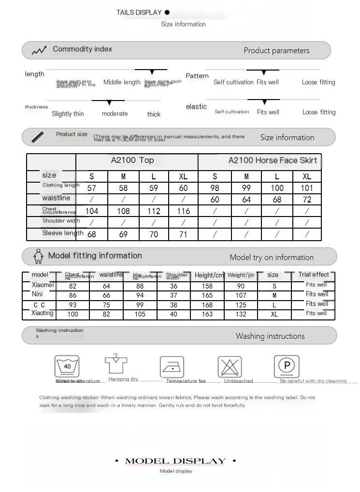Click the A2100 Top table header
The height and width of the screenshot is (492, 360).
tap(133, 160)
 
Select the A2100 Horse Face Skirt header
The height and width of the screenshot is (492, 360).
tap(273, 160)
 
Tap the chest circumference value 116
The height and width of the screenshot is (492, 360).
tap(184, 211)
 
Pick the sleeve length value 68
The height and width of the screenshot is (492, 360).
tap(91, 234)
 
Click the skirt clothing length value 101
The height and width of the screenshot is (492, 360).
tap(307, 188)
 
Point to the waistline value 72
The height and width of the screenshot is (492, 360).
tap(307, 200)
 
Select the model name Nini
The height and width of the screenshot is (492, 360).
tap(37, 294)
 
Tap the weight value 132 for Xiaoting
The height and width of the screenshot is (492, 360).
tap(241, 314)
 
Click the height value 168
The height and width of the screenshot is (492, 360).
tap(207, 305)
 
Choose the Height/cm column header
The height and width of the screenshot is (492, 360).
tap(209, 275)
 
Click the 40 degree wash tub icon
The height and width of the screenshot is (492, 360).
tap(67, 366)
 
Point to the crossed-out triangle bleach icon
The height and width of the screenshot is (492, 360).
tap(230, 366)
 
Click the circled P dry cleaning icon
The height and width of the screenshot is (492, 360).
tap(287, 365)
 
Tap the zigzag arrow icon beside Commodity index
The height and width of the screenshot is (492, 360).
tap(39, 50)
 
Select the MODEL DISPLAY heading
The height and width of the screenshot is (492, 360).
tap(175, 461)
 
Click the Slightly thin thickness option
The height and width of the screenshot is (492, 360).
tap(68, 114)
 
